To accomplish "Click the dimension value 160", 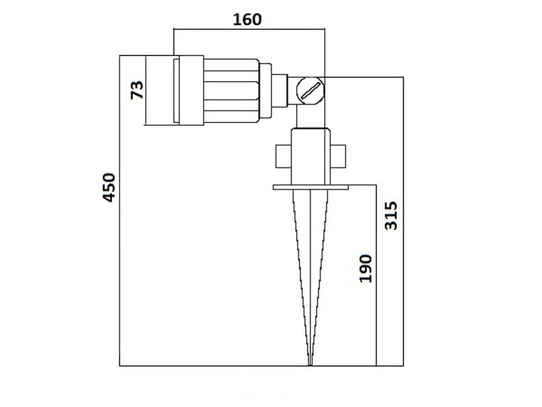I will tap(247, 19).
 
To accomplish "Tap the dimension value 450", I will tap(109, 187).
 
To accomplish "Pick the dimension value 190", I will tap(366, 268).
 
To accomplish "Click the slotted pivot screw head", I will tap(310, 91).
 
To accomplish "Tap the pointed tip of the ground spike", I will tap(311, 363).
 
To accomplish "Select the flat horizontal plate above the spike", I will tap(311, 187).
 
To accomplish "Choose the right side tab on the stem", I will tap(338, 156).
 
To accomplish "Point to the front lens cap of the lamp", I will tap(159, 90).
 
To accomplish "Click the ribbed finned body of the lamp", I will tap(231, 90).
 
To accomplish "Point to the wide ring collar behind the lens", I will tap(191, 90).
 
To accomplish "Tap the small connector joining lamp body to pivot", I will tap(280, 90).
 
